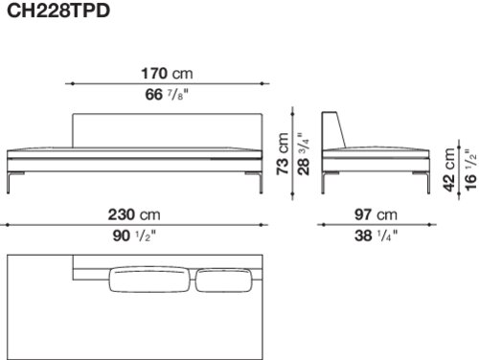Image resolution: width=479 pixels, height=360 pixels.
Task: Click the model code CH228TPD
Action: pos(58,11)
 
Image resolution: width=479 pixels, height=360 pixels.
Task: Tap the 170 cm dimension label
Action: pos(167,74)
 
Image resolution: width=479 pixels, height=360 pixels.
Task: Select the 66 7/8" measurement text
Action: pos(167,95)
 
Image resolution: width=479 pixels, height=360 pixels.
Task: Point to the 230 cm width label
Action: pos(134,214)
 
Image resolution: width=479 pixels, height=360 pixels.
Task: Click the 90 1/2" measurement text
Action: pos(134,236)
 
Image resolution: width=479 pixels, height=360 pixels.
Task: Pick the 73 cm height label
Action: pos(283,153)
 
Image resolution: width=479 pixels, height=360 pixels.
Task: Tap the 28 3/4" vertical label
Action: pos(304,153)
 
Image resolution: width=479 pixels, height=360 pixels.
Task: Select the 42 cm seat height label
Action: pos(449,169)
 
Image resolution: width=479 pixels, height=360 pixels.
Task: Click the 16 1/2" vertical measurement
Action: pos(470,169)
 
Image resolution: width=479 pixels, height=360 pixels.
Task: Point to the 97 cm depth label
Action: pos(376,214)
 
